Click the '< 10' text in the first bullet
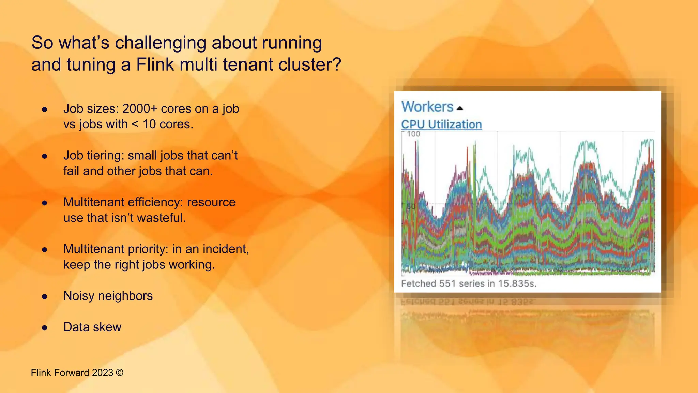click(x=143, y=124)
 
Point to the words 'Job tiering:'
click(x=94, y=156)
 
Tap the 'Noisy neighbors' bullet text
click(x=108, y=296)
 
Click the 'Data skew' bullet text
click(x=92, y=327)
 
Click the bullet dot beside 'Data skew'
click(x=45, y=328)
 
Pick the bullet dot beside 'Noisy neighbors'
click(x=45, y=296)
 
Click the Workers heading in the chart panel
click(x=427, y=107)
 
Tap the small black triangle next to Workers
click(x=460, y=108)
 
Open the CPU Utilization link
click(x=441, y=125)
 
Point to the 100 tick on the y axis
click(x=413, y=134)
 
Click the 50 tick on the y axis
click(x=411, y=206)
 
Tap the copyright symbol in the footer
click(x=120, y=373)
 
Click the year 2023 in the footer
click(x=102, y=373)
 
